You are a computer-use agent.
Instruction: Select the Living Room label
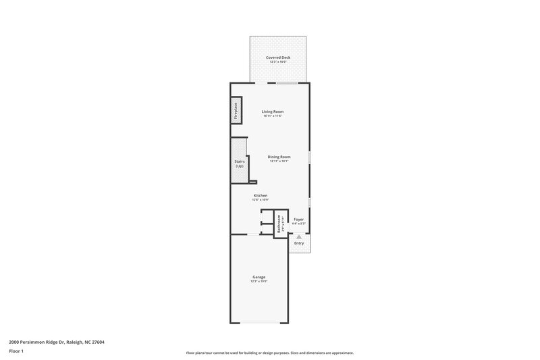click(273, 111)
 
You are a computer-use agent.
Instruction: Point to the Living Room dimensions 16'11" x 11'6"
click(273, 116)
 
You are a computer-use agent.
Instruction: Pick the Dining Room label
click(279, 157)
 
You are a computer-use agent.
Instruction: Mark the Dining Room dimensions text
click(279, 161)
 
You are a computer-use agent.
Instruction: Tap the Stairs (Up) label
click(239, 164)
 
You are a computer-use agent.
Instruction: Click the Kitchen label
click(261, 196)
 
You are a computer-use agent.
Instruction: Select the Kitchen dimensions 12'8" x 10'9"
click(261, 201)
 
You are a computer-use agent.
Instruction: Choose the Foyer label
click(298, 220)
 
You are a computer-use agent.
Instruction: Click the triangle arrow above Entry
click(299, 237)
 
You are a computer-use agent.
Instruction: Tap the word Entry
click(299, 244)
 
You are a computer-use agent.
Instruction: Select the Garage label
click(259, 277)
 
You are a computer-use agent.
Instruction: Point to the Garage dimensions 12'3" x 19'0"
click(259, 282)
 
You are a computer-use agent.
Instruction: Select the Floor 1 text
click(16, 352)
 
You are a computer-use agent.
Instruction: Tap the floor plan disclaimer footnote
click(269, 353)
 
